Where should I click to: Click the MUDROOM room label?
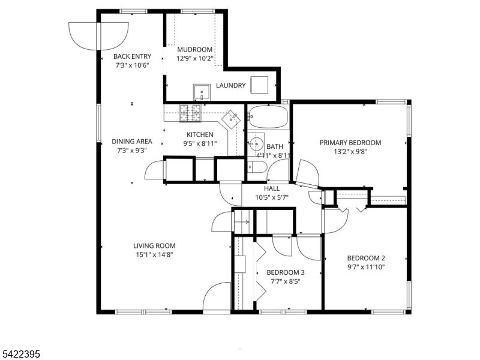pyautogui.click(x=194, y=50)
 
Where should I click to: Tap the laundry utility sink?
pyautogui.click(x=202, y=92)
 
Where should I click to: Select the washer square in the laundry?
pyautogui.click(x=259, y=85)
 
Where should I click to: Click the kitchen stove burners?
pyautogui.click(x=190, y=113)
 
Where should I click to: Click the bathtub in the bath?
pyautogui.click(x=268, y=116)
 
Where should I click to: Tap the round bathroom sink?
pyautogui.click(x=256, y=143)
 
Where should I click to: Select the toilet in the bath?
pyautogui.click(x=257, y=167)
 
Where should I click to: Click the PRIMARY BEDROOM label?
pyautogui.click(x=350, y=143)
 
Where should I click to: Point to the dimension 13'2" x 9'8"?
pyautogui.click(x=350, y=151)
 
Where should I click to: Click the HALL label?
pyautogui.click(x=272, y=188)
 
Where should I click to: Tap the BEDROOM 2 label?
pyautogui.click(x=366, y=258)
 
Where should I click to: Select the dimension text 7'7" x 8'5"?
pyautogui.click(x=286, y=281)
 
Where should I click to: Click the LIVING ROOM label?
pyautogui.click(x=154, y=245)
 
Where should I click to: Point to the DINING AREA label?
pyautogui.click(x=132, y=142)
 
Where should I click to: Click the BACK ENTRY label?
pyautogui.click(x=132, y=56)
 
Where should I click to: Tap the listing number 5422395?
pyautogui.click(x=20, y=355)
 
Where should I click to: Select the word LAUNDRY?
pyautogui.click(x=231, y=85)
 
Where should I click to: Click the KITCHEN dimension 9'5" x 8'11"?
pyautogui.click(x=200, y=143)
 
